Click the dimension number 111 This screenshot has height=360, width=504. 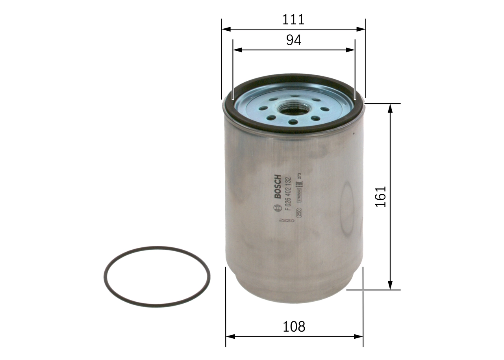293,19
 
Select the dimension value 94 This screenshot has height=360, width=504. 294,40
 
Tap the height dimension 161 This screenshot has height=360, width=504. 381,197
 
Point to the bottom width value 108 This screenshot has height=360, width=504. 294,327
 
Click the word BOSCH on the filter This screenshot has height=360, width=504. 278,186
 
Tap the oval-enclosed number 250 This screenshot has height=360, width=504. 299,213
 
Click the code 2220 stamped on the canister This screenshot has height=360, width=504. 287,221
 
